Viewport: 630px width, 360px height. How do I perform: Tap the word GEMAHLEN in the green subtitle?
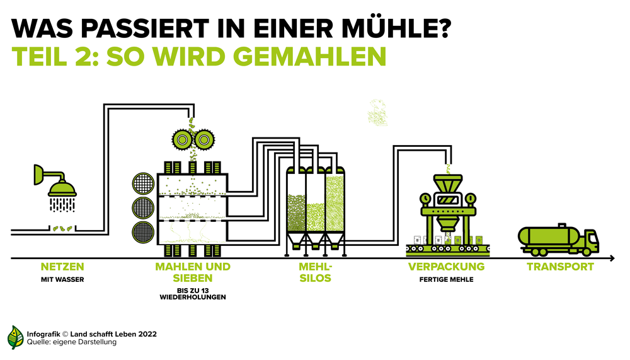(309, 56)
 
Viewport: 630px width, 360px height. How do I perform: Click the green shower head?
(62, 189)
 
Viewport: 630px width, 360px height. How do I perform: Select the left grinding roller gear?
(183, 139)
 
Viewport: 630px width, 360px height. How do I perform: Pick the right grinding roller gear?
(204, 139)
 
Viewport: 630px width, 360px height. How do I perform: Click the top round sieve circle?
(143, 184)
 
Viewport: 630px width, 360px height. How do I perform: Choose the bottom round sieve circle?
(143, 232)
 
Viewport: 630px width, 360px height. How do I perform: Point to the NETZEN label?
(62, 267)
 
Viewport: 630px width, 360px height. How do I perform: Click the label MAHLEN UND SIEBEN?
(193, 272)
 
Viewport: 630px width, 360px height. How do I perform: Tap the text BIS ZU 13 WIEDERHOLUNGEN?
(193, 294)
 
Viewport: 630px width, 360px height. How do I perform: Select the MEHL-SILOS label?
(316, 272)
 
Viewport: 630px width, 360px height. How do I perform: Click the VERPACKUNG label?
(447, 267)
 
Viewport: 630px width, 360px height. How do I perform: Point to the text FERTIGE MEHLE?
(447, 279)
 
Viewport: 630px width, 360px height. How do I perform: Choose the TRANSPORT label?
(560, 267)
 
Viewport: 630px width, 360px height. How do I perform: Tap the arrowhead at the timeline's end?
(612, 258)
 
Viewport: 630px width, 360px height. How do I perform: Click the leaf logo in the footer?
(15, 337)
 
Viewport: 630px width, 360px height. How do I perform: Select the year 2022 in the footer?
(147, 334)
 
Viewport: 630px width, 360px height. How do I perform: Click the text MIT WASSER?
(62, 279)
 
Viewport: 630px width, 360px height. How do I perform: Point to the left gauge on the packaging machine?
(425, 199)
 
